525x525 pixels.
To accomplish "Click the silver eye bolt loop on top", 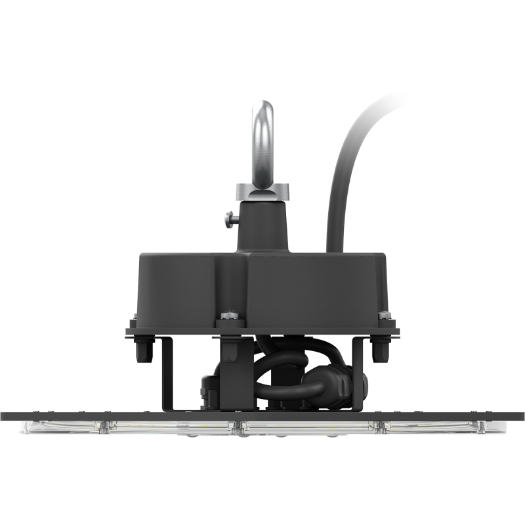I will click(x=263, y=138).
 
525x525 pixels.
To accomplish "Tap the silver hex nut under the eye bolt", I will click(x=262, y=191).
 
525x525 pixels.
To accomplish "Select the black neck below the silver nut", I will click(x=262, y=226).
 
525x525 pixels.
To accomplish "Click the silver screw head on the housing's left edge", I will click(x=134, y=320).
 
